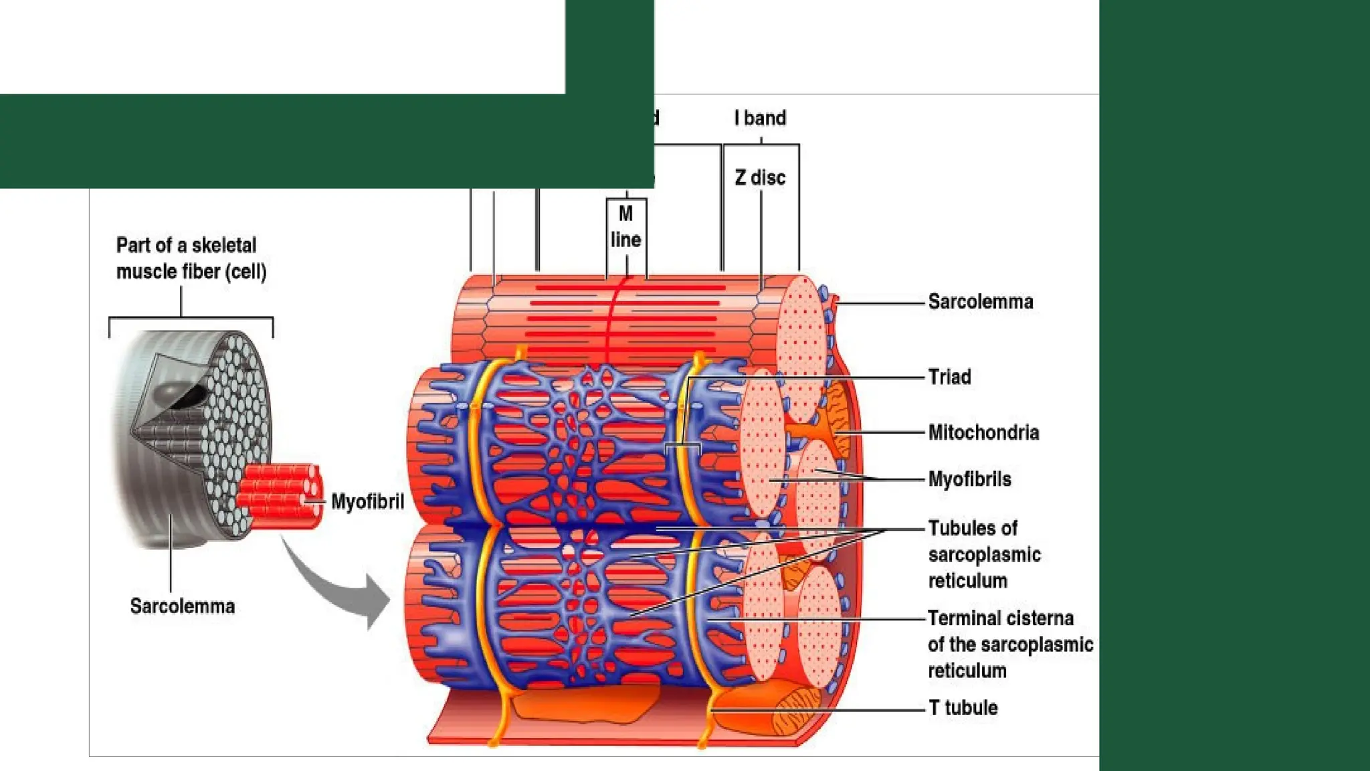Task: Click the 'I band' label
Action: (x=760, y=118)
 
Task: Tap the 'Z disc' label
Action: (x=760, y=178)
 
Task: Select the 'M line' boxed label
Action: (x=626, y=227)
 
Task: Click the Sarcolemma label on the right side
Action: (x=980, y=302)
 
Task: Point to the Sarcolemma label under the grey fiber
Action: (x=183, y=606)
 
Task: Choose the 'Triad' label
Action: (x=949, y=377)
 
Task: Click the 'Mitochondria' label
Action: (x=983, y=433)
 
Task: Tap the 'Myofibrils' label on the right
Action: (x=969, y=479)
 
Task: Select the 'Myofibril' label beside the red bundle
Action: (x=367, y=501)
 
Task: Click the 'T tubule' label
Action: (x=963, y=708)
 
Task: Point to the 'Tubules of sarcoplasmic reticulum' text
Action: (x=984, y=554)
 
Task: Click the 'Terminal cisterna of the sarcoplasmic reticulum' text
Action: (x=1009, y=644)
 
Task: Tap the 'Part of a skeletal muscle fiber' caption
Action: (x=191, y=258)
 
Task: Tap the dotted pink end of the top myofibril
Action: (x=801, y=335)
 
